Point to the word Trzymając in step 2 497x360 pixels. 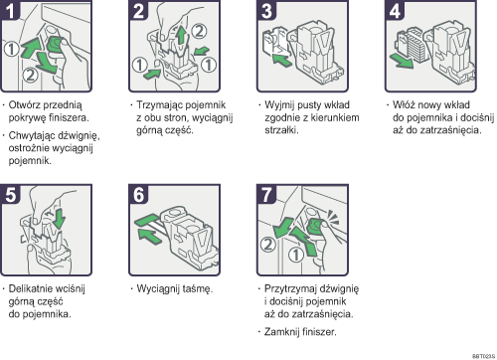(x=158, y=103)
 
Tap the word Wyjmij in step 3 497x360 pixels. (x=280, y=103)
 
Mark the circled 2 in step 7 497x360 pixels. (x=266, y=242)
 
